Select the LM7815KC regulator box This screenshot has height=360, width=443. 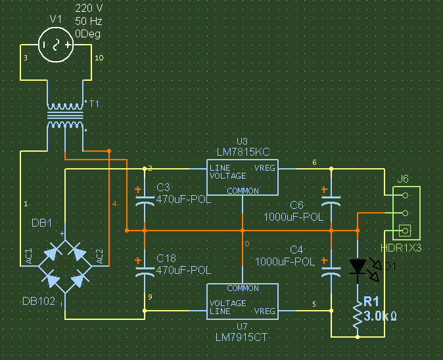(x=243, y=177)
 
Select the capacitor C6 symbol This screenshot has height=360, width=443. (x=331, y=198)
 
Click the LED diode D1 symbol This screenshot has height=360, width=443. (x=358, y=267)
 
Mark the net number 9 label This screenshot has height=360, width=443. (x=151, y=298)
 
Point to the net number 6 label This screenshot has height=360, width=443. (x=314, y=162)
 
